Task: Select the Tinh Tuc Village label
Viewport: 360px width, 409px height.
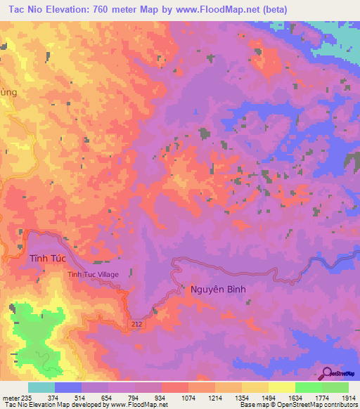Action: pos(93,275)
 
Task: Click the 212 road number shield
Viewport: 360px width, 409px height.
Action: pos(137,323)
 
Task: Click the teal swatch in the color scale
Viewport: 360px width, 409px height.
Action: pos(41,387)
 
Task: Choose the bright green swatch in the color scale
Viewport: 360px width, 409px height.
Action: pos(308,387)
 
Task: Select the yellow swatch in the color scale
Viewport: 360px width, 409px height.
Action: pos(281,387)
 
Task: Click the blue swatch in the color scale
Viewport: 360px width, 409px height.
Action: pos(67,387)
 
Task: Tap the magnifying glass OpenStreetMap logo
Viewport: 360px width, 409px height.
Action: pos(327,372)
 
